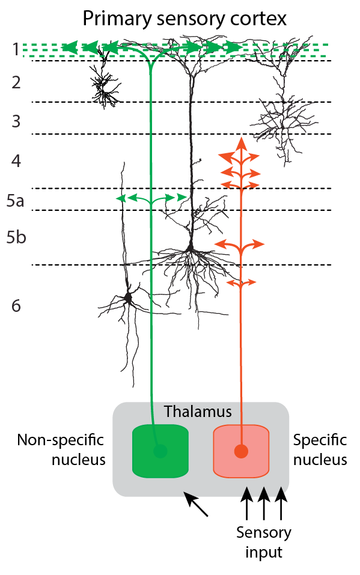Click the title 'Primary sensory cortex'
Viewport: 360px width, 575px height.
[185, 19]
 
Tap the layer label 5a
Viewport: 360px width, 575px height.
[16, 201]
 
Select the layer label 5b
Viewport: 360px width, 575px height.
[16, 237]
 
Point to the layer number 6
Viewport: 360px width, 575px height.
[16, 306]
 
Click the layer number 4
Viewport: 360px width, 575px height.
[16, 161]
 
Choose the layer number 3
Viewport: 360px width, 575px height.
[16, 121]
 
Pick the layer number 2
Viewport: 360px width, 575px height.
[16, 83]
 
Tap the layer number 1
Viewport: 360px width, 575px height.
[16, 49]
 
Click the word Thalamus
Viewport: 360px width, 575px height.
[198, 412]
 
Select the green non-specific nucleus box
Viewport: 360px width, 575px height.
[160, 451]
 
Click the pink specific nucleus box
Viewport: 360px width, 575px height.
[241, 451]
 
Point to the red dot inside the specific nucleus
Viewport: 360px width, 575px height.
[241, 451]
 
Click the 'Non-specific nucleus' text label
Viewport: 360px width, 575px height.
[61, 449]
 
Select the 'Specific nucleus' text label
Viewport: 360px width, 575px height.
[320, 449]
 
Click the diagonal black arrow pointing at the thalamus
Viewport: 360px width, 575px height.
[196, 505]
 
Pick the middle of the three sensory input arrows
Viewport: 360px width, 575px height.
[263, 503]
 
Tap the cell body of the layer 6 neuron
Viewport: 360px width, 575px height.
[127, 298]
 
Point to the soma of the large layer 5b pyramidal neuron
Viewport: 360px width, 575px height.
[190, 248]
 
